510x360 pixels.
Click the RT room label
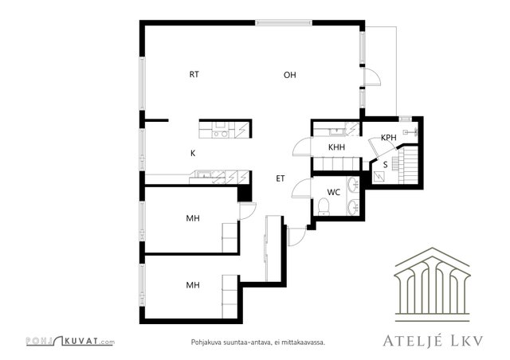click(x=194, y=75)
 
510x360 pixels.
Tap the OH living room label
click(x=290, y=75)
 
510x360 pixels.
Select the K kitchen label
click(x=193, y=153)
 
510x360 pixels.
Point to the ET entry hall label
click(x=280, y=178)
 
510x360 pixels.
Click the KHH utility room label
click(x=336, y=147)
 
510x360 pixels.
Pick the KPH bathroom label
click(x=389, y=138)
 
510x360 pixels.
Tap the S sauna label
click(x=386, y=165)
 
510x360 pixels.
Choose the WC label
click(x=334, y=192)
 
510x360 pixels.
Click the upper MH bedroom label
click(x=193, y=218)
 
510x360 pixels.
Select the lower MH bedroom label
click(x=193, y=285)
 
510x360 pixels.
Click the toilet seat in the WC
click(x=324, y=206)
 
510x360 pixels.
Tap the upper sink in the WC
click(x=353, y=185)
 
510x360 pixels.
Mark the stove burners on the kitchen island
click(x=220, y=134)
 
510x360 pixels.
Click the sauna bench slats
click(x=409, y=166)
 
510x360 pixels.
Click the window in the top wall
click(x=284, y=23)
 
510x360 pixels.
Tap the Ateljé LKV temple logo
click(x=432, y=285)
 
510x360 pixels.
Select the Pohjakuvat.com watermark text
click(x=70, y=341)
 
